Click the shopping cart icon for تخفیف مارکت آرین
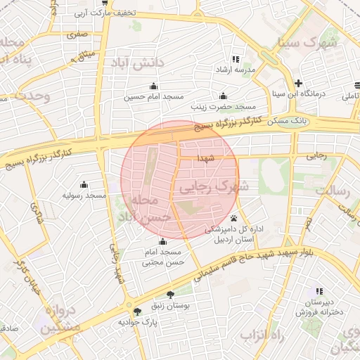point(105,3)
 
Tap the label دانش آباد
point(136,63)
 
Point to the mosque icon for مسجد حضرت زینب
point(224,96)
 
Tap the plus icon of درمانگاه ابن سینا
point(299,82)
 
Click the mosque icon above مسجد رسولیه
point(84,184)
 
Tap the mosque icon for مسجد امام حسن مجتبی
point(163,241)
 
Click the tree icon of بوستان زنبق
point(169,295)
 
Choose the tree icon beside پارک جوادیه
point(136,311)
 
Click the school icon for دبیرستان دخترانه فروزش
point(320,291)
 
